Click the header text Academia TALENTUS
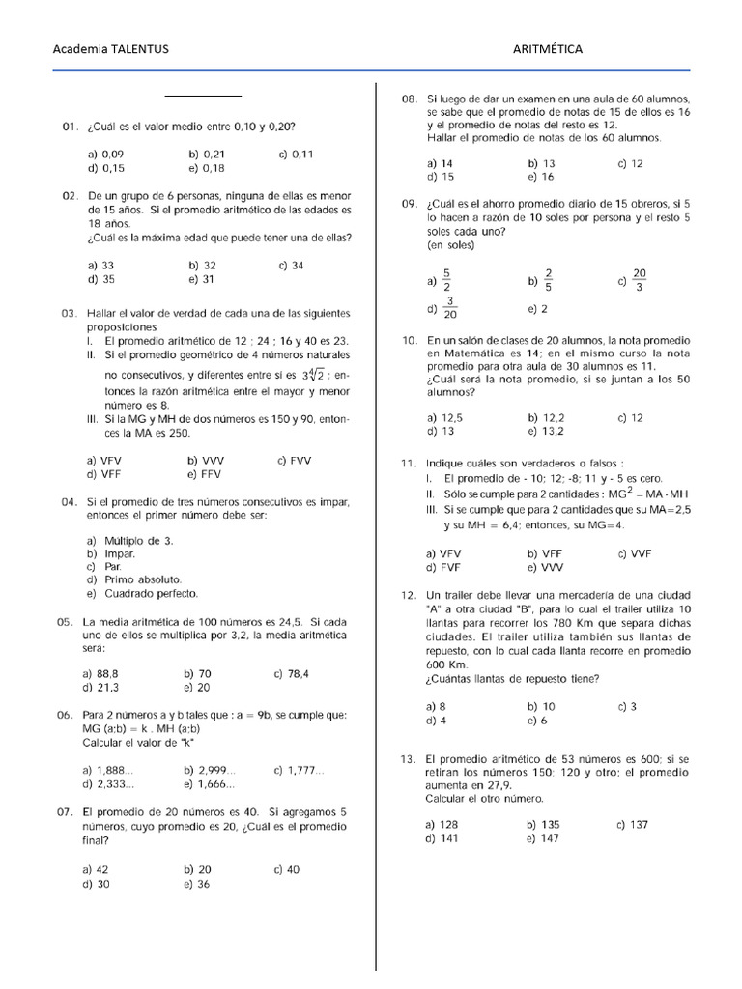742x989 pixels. click(x=110, y=49)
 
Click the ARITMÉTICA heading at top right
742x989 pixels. click(x=548, y=49)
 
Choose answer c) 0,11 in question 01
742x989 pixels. click(x=296, y=154)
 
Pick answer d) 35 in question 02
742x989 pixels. click(x=100, y=279)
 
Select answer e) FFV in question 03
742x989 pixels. click(x=206, y=474)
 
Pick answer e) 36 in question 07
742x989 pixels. click(x=196, y=883)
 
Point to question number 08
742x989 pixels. click(x=409, y=99)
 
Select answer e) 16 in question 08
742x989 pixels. click(x=541, y=177)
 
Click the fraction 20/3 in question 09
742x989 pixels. click(x=639, y=279)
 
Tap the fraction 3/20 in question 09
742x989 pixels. click(x=450, y=309)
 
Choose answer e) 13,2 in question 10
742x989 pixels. click(x=546, y=432)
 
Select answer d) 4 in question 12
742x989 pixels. click(x=436, y=721)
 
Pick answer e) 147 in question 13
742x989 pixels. click(x=543, y=838)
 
